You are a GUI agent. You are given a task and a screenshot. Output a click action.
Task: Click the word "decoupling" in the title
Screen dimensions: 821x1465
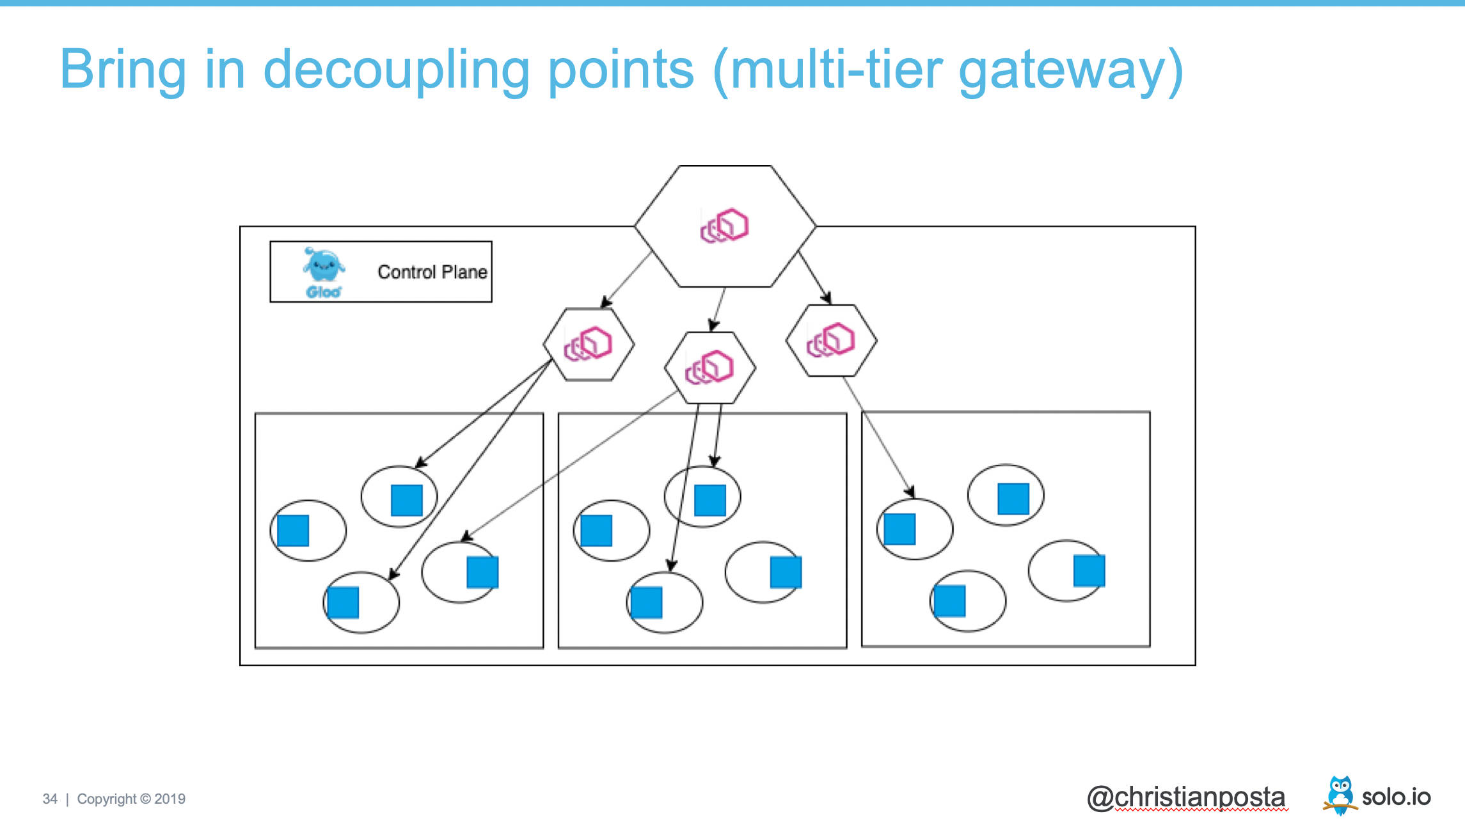coord(396,70)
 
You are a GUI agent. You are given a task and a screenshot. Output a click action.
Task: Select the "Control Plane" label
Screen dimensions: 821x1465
coord(432,272)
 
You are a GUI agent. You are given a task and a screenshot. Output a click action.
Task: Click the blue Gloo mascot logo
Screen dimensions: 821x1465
coord(324,267)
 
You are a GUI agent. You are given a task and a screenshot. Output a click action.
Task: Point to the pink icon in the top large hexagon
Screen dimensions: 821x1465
coord(724,225)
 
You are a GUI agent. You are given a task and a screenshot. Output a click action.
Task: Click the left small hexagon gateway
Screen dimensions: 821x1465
coord(589,344)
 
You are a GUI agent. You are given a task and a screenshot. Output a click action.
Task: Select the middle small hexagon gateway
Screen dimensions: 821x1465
coord(709,368)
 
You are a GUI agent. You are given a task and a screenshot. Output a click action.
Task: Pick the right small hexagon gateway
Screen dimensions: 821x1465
coord(831,340)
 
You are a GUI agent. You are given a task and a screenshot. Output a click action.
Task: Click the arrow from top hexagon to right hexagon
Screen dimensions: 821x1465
coord(814,276)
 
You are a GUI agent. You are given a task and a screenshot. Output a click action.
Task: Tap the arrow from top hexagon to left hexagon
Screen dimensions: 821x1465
coord(627,279)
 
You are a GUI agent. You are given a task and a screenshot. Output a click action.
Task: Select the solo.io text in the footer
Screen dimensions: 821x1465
coord(1396,797)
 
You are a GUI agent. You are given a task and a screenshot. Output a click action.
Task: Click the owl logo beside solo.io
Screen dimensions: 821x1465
coord(1340,795)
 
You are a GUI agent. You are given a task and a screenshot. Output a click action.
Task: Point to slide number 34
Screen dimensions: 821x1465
coord(50,799)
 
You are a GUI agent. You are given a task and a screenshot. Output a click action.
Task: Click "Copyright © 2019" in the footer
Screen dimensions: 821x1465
coord(131,799)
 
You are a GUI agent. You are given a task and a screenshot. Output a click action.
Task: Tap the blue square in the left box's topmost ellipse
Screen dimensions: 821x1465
coord(407,500)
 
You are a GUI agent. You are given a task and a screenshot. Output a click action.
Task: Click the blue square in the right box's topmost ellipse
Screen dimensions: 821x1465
coord(1013,499)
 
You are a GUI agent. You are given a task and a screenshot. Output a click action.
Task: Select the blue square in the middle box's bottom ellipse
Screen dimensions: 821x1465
coord(646,602)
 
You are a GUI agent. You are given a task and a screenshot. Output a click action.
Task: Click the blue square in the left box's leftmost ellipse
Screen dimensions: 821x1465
coord(293,531)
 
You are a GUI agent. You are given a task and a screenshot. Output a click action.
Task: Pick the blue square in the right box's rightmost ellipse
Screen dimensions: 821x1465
coord(1089,571)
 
